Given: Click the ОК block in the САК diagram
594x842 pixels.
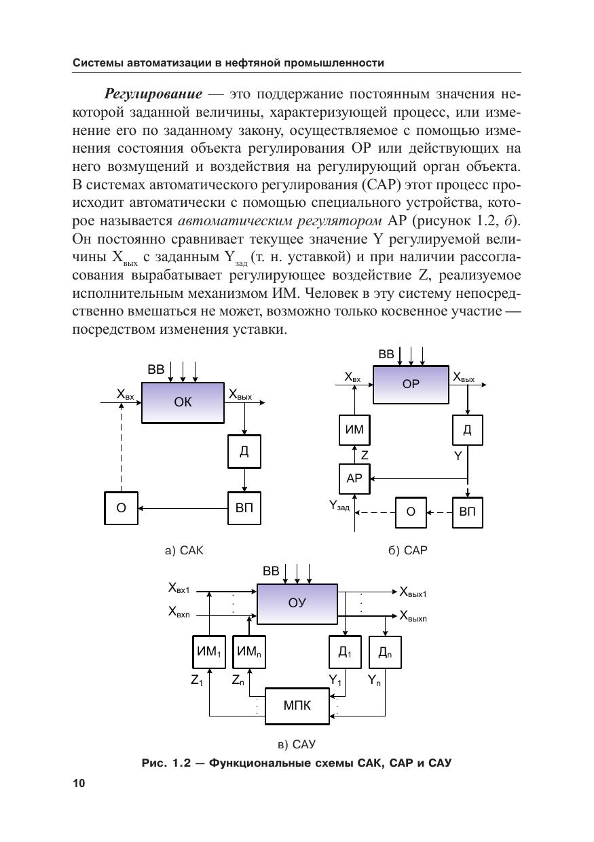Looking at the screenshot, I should pos(183,402).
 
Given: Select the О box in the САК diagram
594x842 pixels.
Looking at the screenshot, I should pos(121,508).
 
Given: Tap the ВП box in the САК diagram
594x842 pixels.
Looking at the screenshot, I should pos(244,508).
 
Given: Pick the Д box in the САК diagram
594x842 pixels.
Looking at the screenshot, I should pos(244,451).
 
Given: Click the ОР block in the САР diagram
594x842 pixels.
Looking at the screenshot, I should pos(411,384).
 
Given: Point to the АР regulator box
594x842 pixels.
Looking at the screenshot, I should pos(354,478).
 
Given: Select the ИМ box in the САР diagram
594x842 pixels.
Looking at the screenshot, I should pos(354,429).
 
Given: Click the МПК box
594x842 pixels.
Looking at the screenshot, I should pos(297,706).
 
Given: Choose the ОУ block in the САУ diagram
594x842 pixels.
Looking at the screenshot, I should pos(297,602).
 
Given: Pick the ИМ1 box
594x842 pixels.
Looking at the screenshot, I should pos(208,652).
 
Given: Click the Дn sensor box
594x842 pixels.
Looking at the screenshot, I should pos(385,652).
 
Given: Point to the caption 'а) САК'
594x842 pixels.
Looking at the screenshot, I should pos(184,551).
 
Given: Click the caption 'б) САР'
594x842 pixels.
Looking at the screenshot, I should pos(408,551).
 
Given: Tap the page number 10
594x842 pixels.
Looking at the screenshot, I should pos(79,784).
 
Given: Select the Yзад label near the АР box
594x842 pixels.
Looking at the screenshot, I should pos(339,505).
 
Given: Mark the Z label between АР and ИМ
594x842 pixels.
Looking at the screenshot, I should pos(365,456).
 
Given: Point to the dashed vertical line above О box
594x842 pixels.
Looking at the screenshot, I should pos(121,448).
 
